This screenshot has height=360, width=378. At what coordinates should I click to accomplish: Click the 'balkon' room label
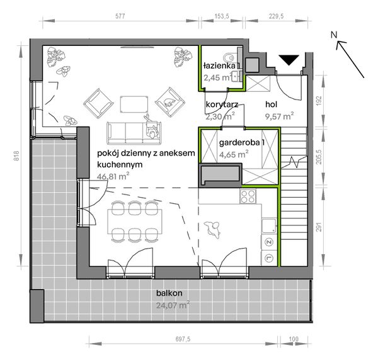pyautogui.click(x=169, y=293)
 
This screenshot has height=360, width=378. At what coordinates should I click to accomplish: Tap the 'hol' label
pyautogui.click(x=271, y=104)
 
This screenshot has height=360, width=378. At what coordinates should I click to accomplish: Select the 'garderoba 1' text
pyautogui.click(x=241, y=143)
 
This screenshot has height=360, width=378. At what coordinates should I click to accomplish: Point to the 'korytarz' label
pyautogui.click(x=222, y=104)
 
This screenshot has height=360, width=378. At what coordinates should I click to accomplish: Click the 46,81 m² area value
pyautogui.click(x=113, y=176)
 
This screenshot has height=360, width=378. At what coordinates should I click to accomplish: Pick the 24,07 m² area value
pyautogui.click(x=173, y=305)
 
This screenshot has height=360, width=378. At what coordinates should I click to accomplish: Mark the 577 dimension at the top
pyautogui.click(x=120, y=16)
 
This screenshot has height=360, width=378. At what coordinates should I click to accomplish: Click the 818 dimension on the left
pyautogui.click(x=16, y=156)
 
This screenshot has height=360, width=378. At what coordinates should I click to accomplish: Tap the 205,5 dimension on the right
pyautogui.click(x=319, y=157)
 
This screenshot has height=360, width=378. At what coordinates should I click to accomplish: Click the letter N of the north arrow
pyautogui.click(x=334, y=35)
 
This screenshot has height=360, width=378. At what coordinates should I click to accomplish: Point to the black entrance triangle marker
pyautogui.click(x=289, y=60)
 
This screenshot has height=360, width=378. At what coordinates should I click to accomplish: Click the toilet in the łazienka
pyautogui.click(x=230, y=58)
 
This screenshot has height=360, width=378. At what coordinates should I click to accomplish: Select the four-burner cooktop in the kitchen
pyautogui.click(x=248, y=196)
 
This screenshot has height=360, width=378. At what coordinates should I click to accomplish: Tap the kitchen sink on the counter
pyautogui.click(x=269, y=226)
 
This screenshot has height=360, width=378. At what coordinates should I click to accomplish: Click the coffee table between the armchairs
pyautogui.click(x=134, y=104)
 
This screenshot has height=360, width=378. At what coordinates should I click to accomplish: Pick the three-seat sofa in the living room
pyautogui.click(x=134, y=133)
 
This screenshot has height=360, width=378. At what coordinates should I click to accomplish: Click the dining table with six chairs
pyautogui.click(x=135, y=222)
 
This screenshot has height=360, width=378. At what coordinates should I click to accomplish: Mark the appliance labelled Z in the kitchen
pyautogui.click(x=269, y=242)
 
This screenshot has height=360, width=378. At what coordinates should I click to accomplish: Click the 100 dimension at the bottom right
pyautogui.click(x=294, y=339)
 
